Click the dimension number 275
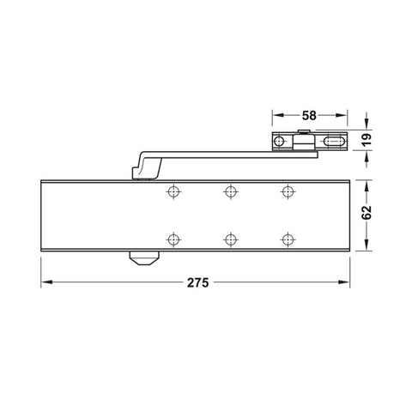197,282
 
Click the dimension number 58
311,112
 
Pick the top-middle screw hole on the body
229,192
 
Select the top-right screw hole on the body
285,192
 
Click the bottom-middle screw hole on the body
229,239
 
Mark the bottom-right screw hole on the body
285,239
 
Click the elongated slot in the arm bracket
334,142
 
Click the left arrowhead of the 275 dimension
45,282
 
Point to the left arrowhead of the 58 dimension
276,112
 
